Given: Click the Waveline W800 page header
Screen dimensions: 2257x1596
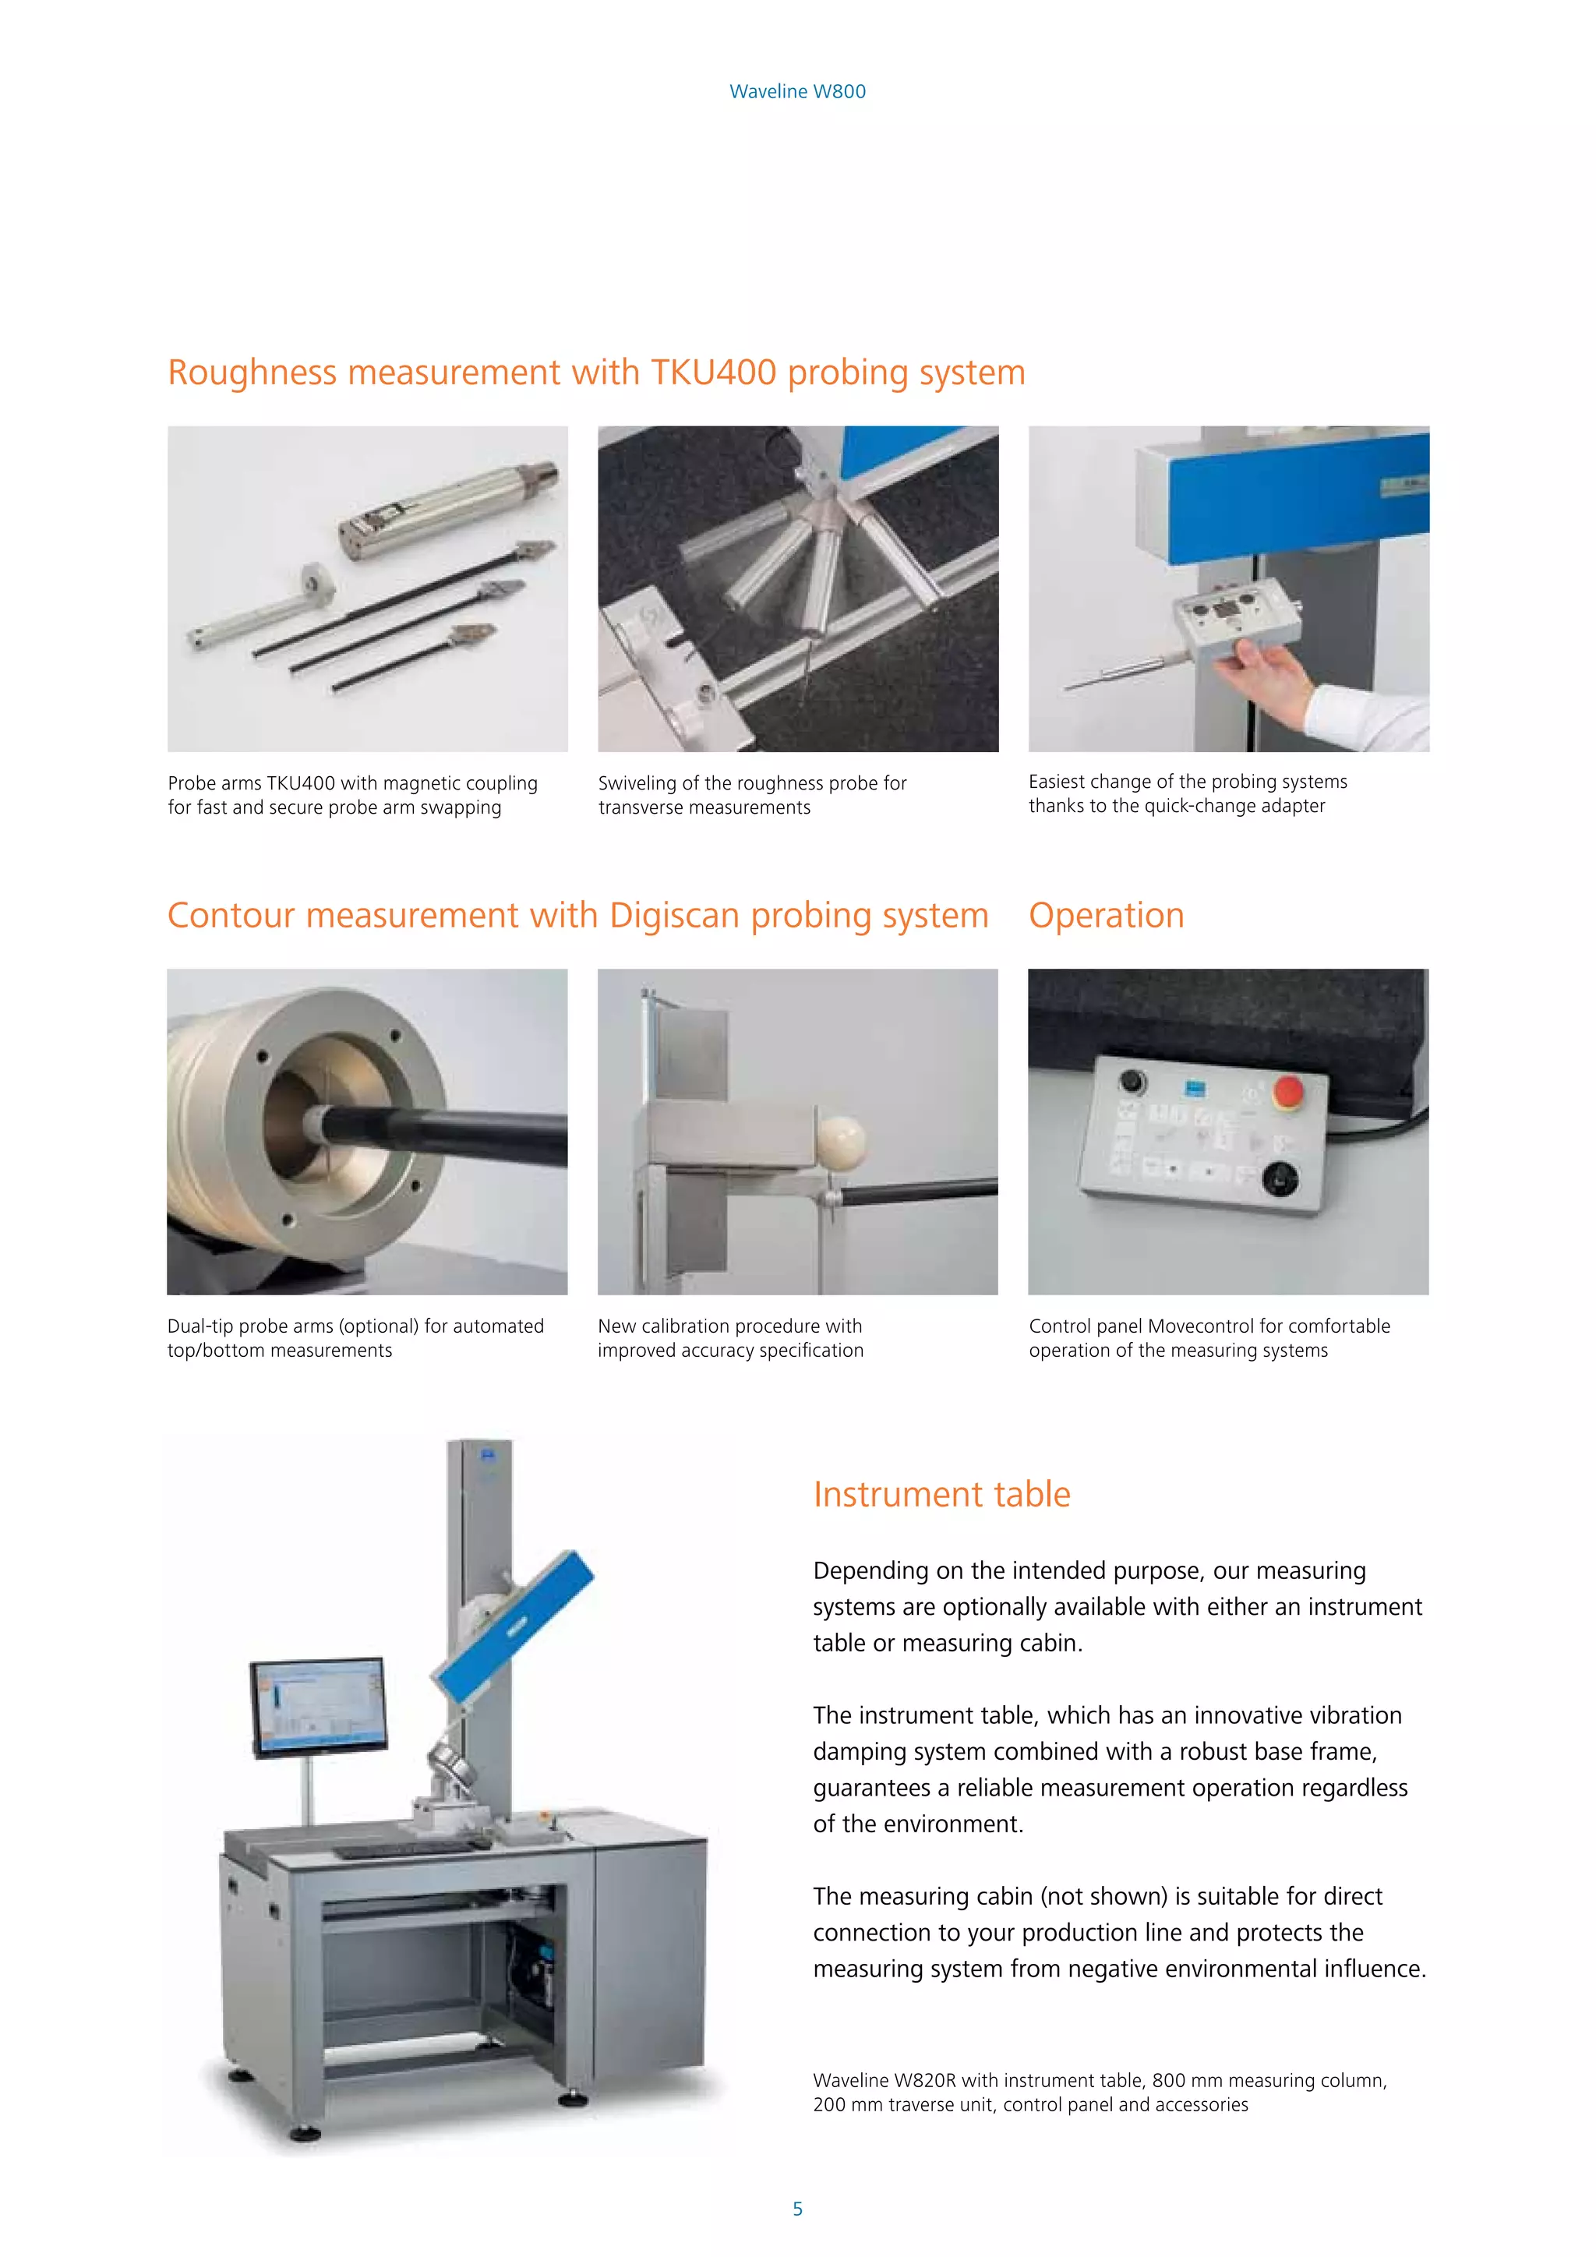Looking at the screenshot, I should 797,91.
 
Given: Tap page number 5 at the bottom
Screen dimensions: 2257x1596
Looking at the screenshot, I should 797,2208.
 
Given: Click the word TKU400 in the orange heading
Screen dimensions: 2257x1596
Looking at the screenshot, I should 714,373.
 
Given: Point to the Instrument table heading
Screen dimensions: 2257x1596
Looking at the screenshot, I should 941,1494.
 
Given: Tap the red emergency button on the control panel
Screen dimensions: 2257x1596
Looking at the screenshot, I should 1287,1090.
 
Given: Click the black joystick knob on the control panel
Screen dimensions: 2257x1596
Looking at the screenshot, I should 1280,1177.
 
